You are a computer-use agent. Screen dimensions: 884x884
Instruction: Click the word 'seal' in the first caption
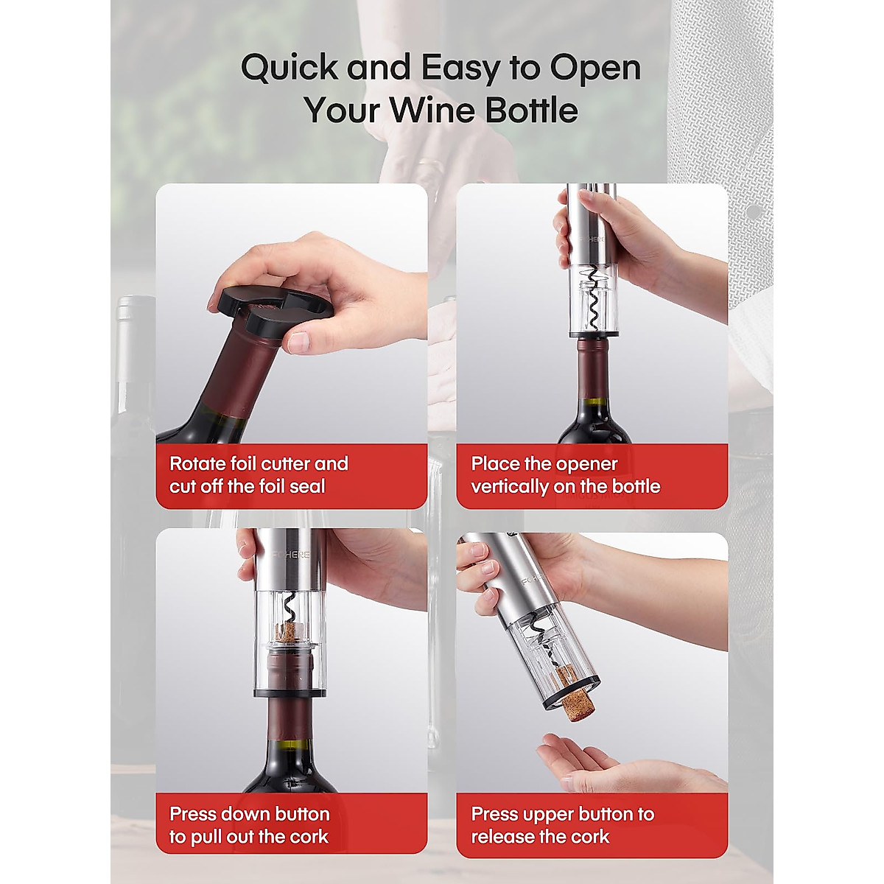pos(307,486)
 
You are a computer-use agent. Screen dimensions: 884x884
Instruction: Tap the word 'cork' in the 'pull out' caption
pos(309,837)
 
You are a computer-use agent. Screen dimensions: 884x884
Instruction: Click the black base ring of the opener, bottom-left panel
pos(290,692)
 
